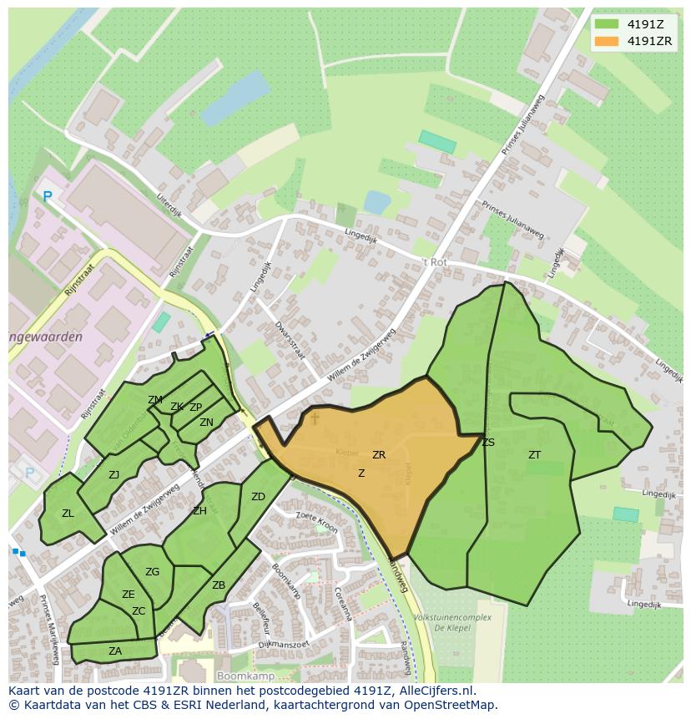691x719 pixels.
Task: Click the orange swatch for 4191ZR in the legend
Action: (607, 41)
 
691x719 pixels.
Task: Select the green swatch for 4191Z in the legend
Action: (607, 23)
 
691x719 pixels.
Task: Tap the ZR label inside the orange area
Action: (379, 455)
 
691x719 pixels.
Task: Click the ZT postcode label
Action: (534, 455)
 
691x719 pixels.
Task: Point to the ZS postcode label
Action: (488, 443)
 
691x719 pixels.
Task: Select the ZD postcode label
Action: (258, 497)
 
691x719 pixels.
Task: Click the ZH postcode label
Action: (199, 511)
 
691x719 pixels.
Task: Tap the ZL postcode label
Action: (68, 514)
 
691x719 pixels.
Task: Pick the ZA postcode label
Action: (115, 651)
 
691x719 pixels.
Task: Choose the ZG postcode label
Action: (152, 572)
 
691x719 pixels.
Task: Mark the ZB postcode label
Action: (219, 585)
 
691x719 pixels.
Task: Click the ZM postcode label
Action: (155, 400)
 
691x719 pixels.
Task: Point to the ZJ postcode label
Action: (114, 475)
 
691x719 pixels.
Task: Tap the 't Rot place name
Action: (434, 261)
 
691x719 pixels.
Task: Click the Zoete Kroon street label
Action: (316, 523)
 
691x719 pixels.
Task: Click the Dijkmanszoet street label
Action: (284, 644)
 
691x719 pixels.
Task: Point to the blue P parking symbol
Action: (48, 197)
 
